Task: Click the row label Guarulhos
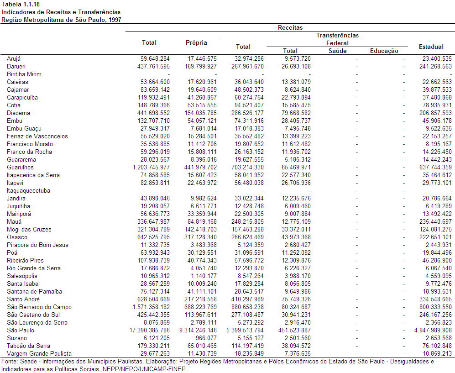coord(21,168)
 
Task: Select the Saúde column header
coord(337,51)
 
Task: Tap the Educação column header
coord(384,51)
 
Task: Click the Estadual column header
coord(431,47)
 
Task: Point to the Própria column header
coord(196,42)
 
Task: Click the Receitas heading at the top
coord(290,27)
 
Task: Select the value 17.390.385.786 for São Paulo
coord(149,331)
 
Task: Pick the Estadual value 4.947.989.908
coord(433,331)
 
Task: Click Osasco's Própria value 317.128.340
coord(200,237)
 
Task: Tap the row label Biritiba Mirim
coord(24,74)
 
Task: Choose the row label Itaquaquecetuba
coord(28,191)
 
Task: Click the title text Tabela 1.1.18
coord(21,5)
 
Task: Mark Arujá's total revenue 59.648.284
coord(155,58)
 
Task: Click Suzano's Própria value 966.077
coord(205,338)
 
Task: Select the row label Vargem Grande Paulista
coord(39,353)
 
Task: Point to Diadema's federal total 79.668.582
coord(296,113)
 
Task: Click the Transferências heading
coord(337,36)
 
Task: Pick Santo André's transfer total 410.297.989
coord(247,299)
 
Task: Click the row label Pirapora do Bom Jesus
coord(37,245)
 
